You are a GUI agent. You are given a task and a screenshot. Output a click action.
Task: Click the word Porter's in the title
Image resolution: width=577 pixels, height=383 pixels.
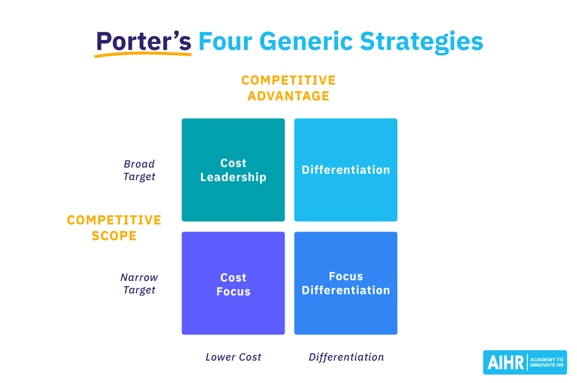click(143, 41)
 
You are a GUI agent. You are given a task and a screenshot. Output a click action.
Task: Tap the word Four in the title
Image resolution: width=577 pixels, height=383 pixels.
click(225, 41)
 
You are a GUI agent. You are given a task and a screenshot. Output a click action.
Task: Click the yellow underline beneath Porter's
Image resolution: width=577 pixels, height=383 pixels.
click(143, 54)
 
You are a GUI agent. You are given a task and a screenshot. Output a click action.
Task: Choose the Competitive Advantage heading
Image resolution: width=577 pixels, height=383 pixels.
click(288, 88)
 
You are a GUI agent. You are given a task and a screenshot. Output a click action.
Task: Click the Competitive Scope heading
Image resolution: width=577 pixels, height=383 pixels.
click(114, 228)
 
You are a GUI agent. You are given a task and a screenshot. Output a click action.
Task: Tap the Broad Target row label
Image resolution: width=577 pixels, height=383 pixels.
click(139, 170)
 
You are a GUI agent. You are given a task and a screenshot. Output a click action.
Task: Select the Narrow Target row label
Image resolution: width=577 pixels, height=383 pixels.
click(139, 283)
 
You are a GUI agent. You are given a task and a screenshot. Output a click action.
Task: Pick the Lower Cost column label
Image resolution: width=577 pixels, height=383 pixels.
click(233, 357)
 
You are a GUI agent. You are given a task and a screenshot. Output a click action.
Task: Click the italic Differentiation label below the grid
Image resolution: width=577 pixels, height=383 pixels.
click(346, 357)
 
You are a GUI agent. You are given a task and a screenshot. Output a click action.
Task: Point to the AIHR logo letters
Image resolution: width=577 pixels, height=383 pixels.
click(504, 362)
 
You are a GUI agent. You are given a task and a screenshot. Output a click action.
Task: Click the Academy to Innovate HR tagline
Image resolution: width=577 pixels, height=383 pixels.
click(547, 362)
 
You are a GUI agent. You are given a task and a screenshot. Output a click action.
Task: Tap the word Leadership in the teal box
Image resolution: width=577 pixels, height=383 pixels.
click(233, 177)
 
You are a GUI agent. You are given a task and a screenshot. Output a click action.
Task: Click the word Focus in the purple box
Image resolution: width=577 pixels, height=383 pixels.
click(233, 292)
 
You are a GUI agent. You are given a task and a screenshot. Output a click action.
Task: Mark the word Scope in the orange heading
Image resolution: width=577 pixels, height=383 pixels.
click(114, 235)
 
